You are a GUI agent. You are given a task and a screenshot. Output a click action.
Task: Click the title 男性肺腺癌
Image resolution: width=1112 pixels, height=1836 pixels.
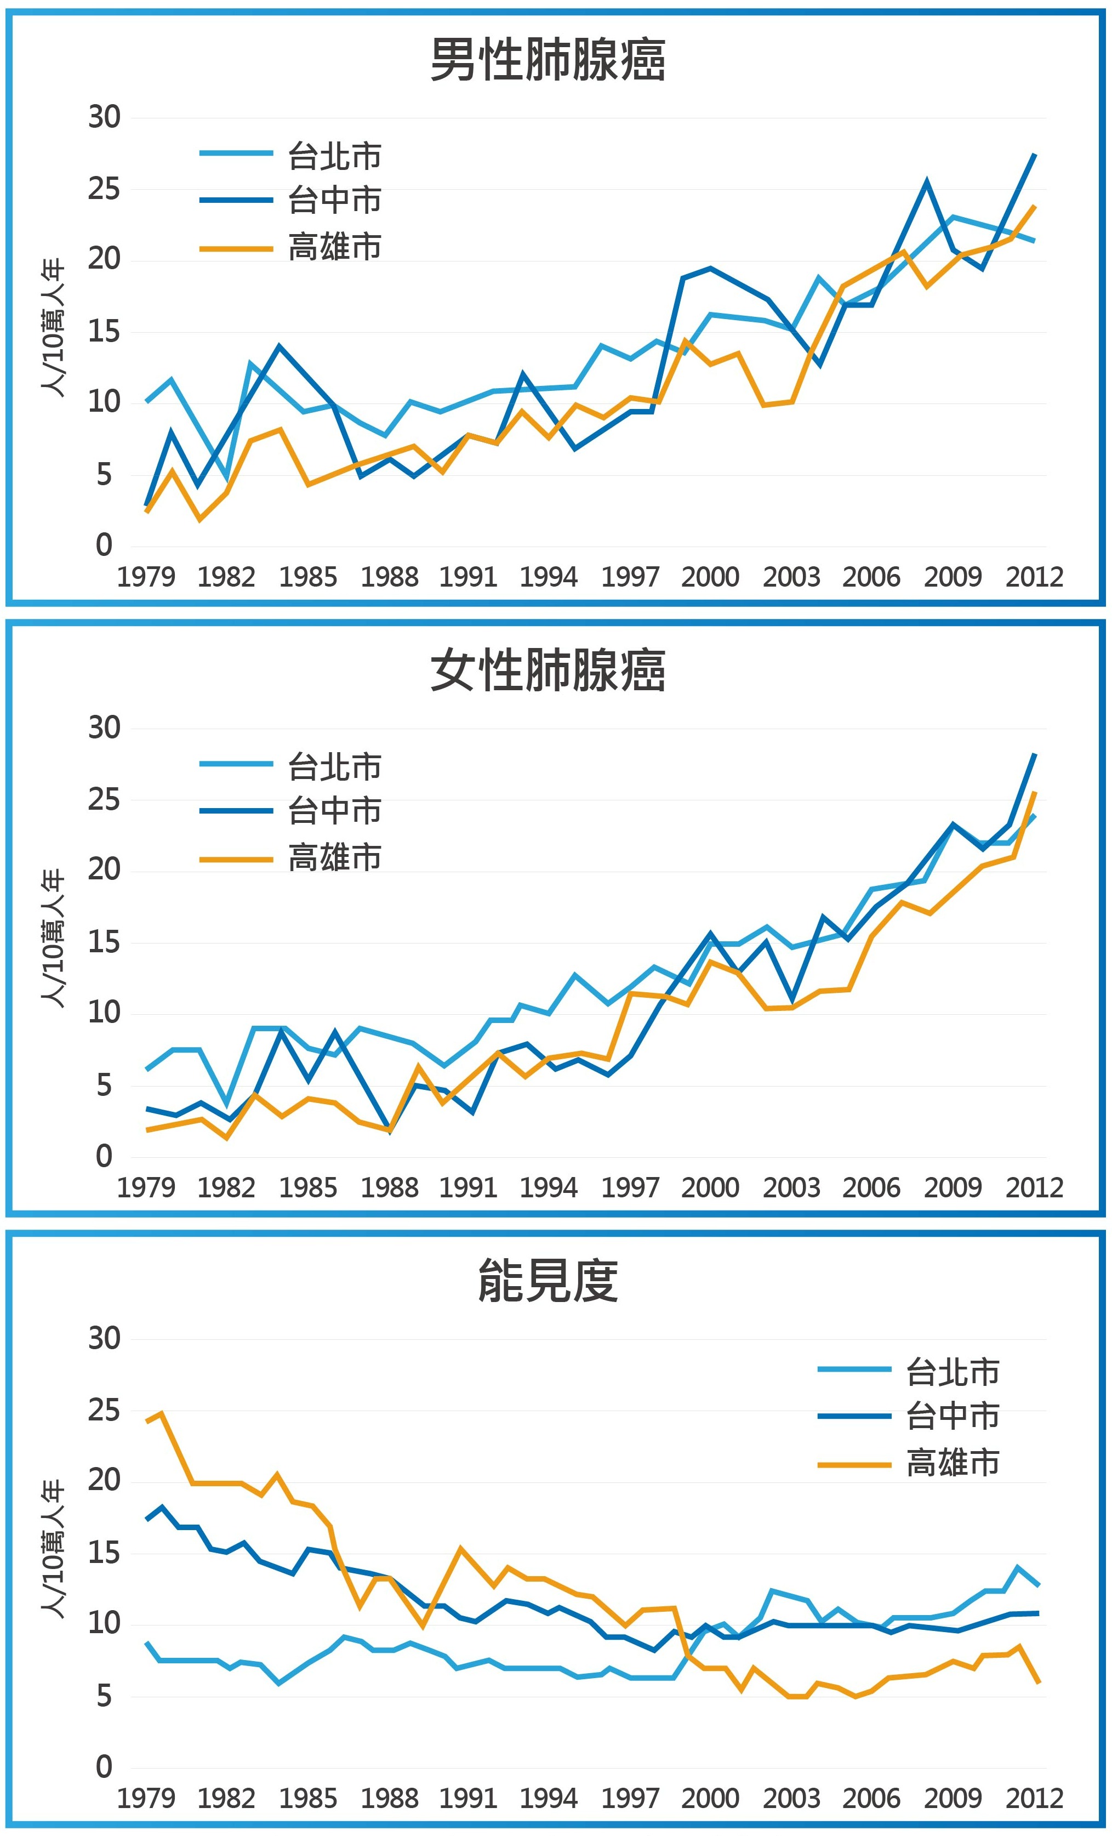coord(548,60)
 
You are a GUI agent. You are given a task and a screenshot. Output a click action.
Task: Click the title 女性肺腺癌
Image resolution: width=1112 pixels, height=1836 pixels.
coord(548,670)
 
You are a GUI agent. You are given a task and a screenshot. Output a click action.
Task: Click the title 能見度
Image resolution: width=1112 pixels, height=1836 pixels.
coord(548,1281)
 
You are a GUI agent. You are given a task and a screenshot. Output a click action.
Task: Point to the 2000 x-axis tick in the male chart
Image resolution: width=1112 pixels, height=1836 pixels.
coord(710,577)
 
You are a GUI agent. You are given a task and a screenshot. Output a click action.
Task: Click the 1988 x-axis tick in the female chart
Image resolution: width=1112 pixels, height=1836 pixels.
coord(389,1187)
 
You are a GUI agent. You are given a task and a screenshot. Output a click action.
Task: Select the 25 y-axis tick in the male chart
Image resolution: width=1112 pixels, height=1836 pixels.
coord(104,189)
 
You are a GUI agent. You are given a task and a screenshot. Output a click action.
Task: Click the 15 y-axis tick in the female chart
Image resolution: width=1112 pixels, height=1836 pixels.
coord(104,942)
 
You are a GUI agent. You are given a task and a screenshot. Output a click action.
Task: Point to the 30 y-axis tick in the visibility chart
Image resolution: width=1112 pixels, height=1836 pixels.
coord(104,1339)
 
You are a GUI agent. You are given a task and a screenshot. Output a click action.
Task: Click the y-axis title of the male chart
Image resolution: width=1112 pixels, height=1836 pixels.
coord(53,328)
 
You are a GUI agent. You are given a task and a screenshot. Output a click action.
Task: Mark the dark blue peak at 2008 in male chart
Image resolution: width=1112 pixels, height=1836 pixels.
coord(927,180)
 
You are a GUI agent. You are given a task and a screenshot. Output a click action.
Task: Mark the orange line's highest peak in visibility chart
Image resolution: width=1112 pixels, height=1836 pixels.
coord(162,1413)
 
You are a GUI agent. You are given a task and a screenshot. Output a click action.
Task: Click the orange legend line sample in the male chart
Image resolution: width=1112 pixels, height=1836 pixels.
coord(236,248)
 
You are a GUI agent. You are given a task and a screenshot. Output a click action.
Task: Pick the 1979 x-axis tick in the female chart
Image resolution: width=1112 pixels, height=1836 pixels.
coord(146,1187)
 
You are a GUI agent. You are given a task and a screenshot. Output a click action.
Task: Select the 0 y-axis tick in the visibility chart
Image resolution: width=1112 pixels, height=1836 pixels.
coord(104,1767)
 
